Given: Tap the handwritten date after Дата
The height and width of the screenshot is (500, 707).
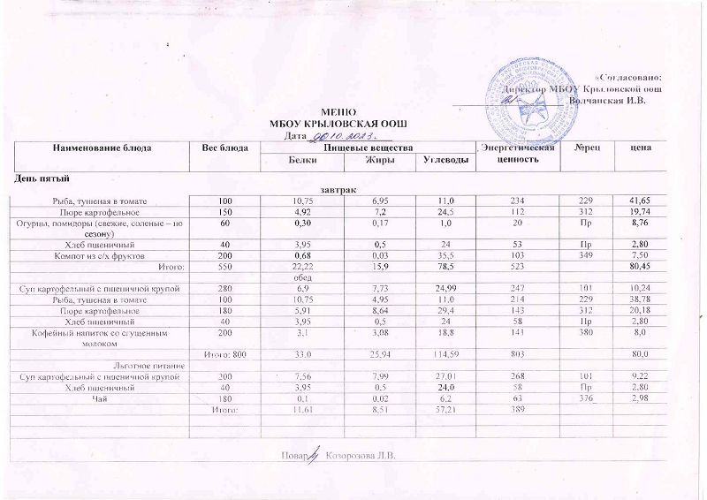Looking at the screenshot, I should coord(339,135).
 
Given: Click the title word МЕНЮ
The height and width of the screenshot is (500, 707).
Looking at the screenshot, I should coord(336,112).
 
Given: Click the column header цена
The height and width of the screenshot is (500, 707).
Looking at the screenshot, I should coord(640,147).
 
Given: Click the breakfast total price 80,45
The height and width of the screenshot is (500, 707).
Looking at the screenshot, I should coord(639,265).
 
